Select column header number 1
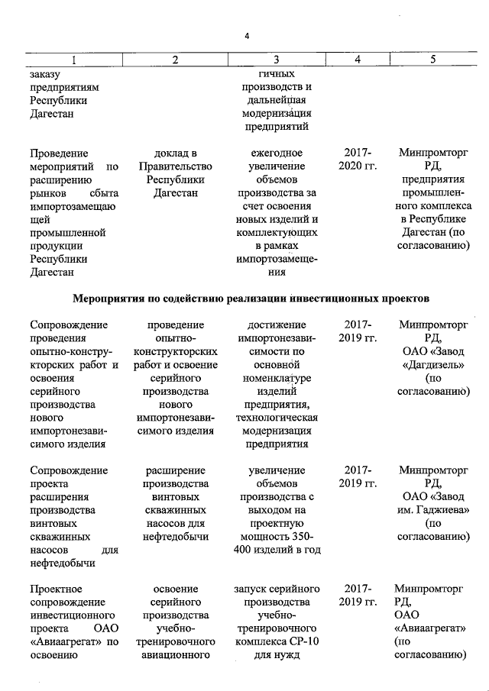click(73, 60)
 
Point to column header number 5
click(432, 60)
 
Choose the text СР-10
click(303, 640)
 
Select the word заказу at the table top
click(45, 74)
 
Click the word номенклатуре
click(277, 377)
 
